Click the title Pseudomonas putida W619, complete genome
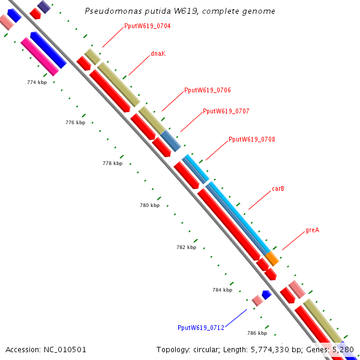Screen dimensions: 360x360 [x=180, y=11]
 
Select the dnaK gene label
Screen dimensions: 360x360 [x=158, y=53]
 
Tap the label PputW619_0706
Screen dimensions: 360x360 [x=208, y=90]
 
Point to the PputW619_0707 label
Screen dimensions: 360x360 [x=226, y=111]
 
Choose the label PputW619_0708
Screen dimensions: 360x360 [x=252, y=139]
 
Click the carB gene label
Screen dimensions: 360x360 [x=278, y=188]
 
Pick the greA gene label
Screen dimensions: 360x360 [x=312, y=230]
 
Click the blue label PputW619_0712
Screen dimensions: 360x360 [x=200, y=328]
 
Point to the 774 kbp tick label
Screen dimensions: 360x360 [x=37, y=82]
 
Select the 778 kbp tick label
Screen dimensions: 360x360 [x=113, y=163]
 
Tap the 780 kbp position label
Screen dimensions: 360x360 [x=150, y=205]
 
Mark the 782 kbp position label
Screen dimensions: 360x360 [x=187, y=247]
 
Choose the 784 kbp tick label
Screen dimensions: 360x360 [x=222, y=290]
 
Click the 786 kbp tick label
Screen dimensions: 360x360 [x=257, y=332]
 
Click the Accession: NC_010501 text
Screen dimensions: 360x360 [x=46, y=349]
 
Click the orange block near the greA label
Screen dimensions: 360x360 [x=272, y=259]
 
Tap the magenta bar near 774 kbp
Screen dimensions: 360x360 [x=40, y=57]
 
